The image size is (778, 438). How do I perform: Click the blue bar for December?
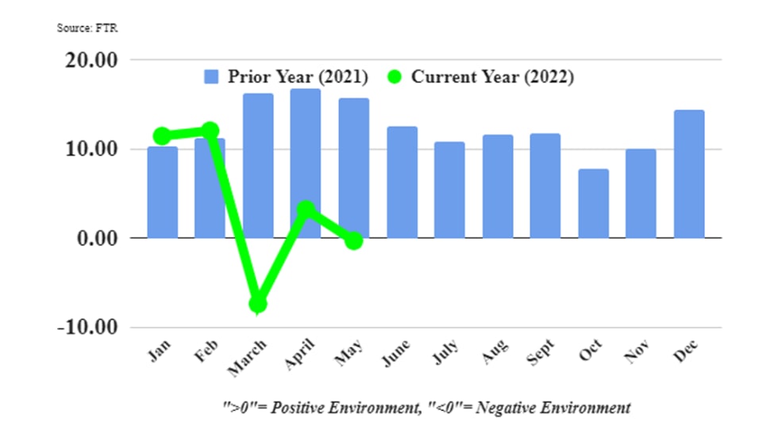click(x=688, y=174)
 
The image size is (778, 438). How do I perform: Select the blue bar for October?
click(x=593, y=203)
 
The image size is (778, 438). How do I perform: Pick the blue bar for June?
click(x=402, y=182)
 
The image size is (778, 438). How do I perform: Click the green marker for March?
click(x=257, y=304)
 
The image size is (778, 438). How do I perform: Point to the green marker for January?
click(x=162, y=136)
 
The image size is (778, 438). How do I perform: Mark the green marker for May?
click(x=354, y=240)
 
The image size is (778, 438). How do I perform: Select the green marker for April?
click(x=306, y=209)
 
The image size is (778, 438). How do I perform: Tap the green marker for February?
click(x=210, y=130)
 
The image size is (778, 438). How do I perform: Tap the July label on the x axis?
click(x=448, y=349)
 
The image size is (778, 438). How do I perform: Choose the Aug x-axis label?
click(x=496, y=349)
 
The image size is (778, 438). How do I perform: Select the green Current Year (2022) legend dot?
click(x=395, y=77)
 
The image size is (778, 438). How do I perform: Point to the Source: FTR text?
click(x=87, y=28)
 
